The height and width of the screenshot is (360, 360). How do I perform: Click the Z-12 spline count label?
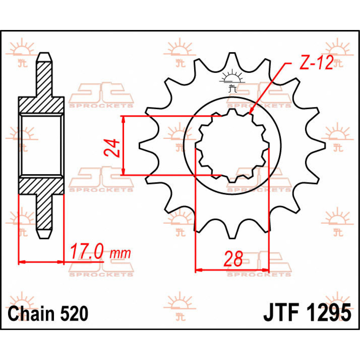pyautogui.click(x=316, y=63)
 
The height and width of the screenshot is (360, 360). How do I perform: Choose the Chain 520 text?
pyautogui.click(x=48, y=314)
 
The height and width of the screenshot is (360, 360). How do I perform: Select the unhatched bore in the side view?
pyautogui.click(x=41, y=145)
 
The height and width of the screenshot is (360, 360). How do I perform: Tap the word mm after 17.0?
pyautogui.click(x=121, y=254)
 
